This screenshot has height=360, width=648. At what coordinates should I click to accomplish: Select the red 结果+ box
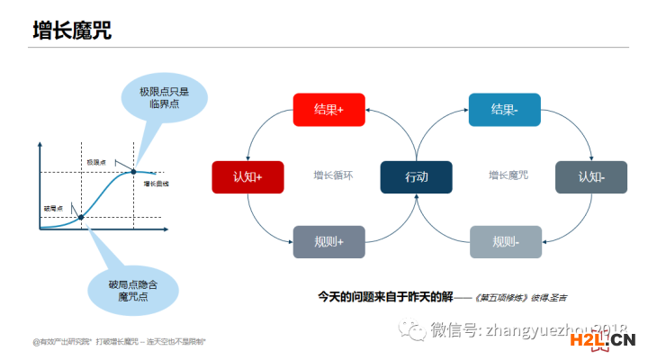tap(329, 110)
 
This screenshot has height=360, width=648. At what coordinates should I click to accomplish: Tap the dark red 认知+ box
tap(247, 177)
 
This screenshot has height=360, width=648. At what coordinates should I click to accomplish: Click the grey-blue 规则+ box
tap(329, 242)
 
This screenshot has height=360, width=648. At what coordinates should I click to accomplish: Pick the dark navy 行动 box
tap(417, 177)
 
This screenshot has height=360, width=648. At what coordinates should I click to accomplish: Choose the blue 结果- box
tap(504, 110)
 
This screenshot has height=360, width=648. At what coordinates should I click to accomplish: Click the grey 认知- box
tap(591, 177)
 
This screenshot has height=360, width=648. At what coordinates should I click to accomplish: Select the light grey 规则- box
tap(505, 242)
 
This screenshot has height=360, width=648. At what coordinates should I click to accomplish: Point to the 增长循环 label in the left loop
tap(334, 175)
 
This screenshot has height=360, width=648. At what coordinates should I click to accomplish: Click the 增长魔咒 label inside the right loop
tap(508, 175)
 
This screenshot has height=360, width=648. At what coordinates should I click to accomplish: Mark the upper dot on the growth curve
tap(134, 171)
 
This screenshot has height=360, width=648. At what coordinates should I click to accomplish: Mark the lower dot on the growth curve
tap(81, 217)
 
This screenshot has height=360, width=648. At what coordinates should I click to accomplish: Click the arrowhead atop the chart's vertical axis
tap(40, 144)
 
